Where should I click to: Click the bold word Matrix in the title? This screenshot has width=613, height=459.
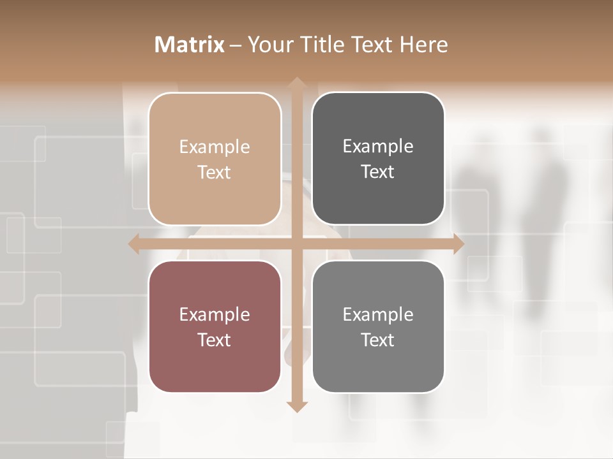click(189, 45)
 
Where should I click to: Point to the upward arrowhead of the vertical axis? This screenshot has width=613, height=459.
click(296, 82)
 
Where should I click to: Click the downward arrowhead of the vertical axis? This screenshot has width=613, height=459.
click(296, 406)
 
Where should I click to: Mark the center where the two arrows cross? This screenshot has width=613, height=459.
click(296, 244)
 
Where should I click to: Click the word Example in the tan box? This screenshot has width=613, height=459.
click(215, 147)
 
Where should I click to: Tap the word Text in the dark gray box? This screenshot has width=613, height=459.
click(378, 172)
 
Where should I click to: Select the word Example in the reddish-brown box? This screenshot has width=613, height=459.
click(215, 315)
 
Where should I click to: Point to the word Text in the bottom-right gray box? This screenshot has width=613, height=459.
click(378, 340)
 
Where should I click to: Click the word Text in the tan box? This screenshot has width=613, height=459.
click(215, 173)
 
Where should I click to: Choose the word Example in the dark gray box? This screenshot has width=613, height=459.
click(378, 147)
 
